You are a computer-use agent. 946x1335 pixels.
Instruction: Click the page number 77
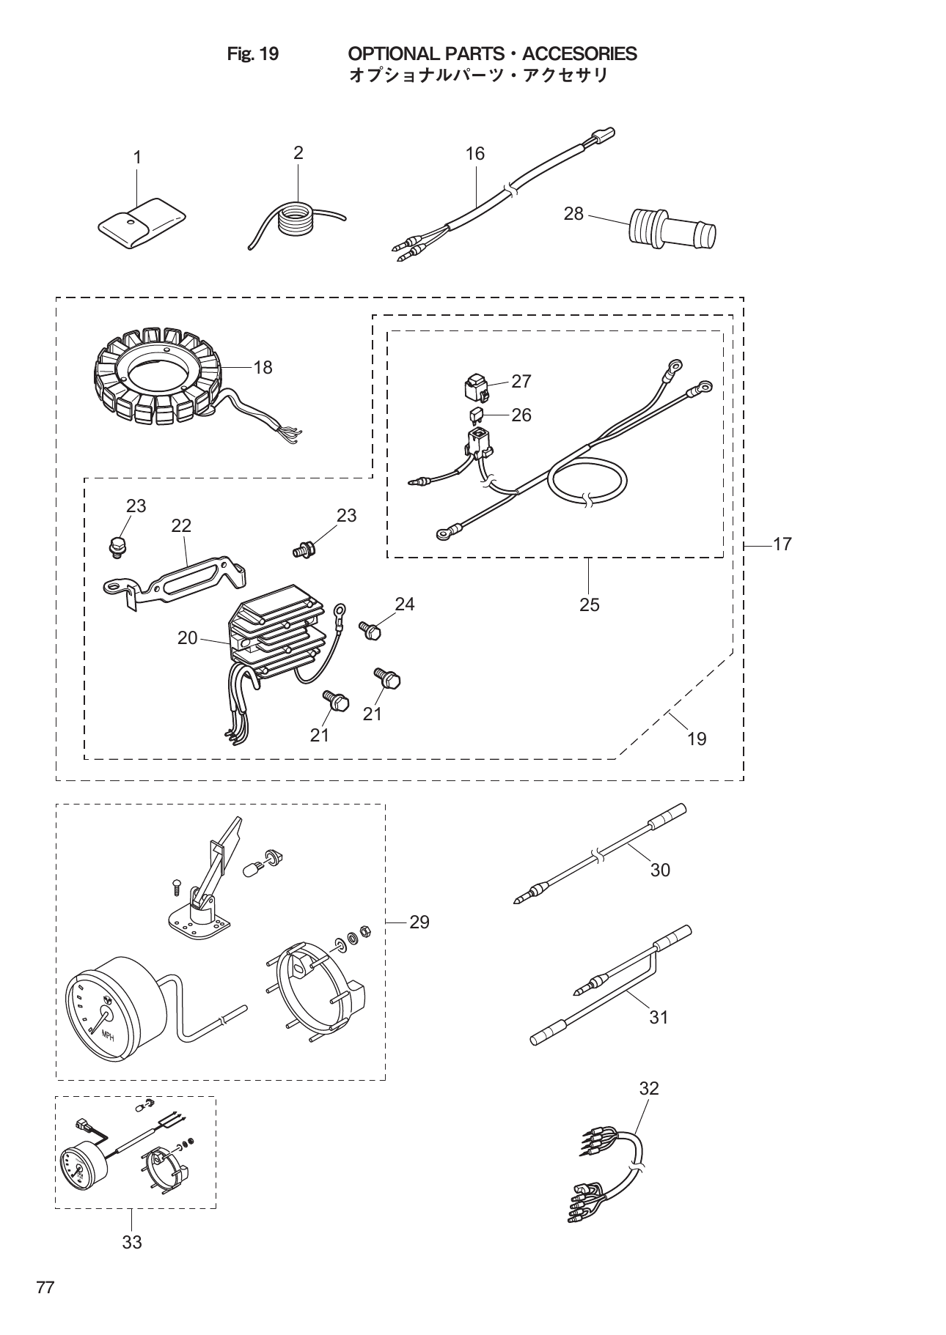[x=45, y=1287]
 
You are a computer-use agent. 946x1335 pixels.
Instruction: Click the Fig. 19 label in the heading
[x=253, y=54]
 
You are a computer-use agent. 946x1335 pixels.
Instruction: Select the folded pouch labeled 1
[x=142, y=222]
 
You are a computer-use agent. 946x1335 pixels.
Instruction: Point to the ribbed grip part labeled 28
[x=673, y=229]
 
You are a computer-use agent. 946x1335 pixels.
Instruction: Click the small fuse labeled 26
[x=476, y=415]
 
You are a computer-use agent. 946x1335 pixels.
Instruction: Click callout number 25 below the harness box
[x=589, y=605]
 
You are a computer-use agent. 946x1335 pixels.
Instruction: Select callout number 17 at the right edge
[x=782, y=544]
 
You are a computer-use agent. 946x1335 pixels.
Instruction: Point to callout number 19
[x=697, y=739]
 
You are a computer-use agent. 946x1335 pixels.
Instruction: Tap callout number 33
[x=132, y=1242]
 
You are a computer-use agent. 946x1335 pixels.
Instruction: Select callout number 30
[x=660, y=870]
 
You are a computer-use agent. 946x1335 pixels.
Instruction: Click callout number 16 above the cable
[x=475, y=154]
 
